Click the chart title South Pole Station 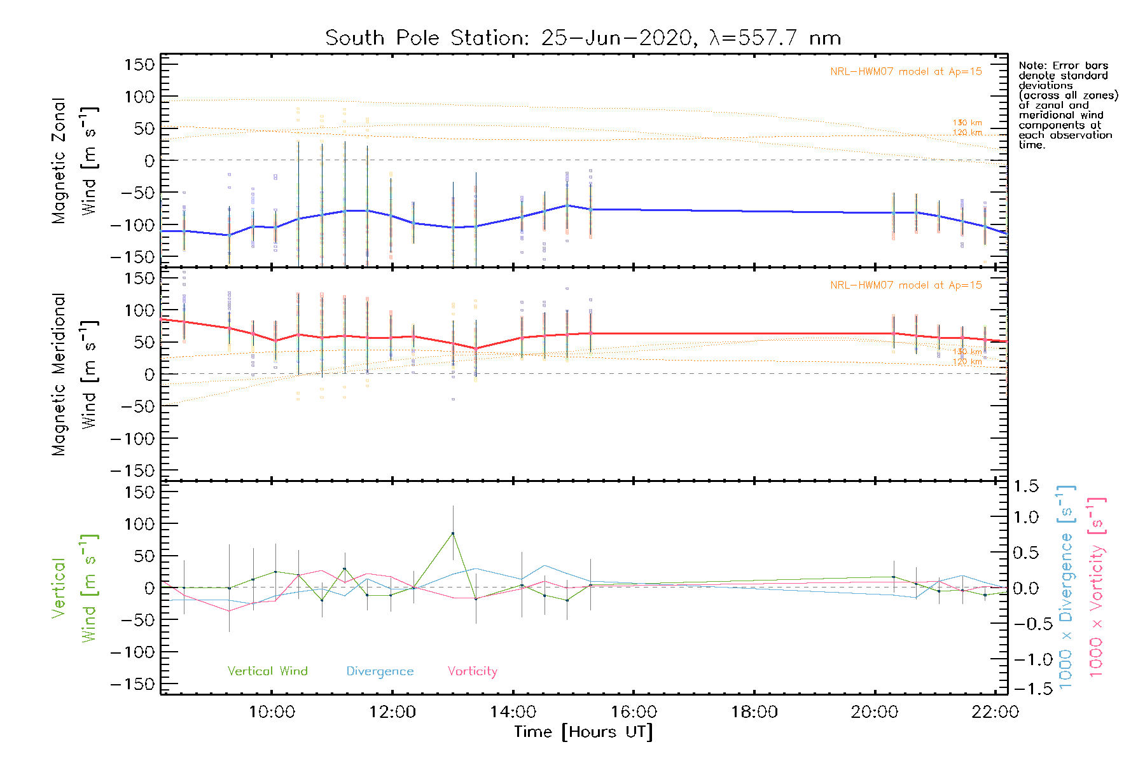(x=583, y=38)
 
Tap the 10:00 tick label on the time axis (x=272, y=712)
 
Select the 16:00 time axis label (x=634, y=712)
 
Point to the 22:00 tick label (x=995, y=712)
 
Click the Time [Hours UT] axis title (x=583, y=732)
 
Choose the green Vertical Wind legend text (x=267, y=671)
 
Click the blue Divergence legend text (x=380, y=671)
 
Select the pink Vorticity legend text (x=472, y=671)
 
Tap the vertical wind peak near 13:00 (x=453, y=533)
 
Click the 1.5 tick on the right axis (x=1026, y=486)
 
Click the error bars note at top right (x=1067, y=105)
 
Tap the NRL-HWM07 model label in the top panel (x=906, y=72)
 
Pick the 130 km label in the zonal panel (x=967, y=123)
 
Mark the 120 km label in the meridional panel (x=967, y=362)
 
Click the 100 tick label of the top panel (x=140, y=97)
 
